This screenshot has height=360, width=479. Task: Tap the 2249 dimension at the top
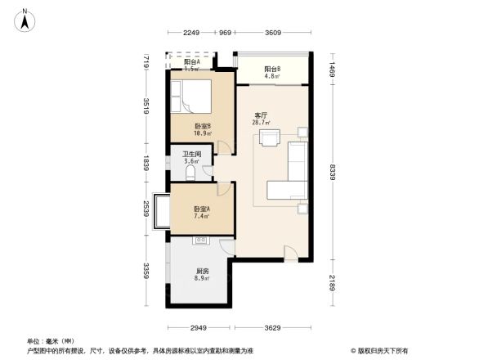pyautogui.click(x=191, y=33)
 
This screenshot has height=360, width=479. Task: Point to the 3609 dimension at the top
pyautogui.click(x=273, y=33)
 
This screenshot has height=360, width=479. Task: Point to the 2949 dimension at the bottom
pyautogui.click(x=192, y=327)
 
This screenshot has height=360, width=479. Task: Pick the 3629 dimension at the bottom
pyautogui.click(x=272, y=327)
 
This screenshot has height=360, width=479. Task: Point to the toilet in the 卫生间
pyautogui.click(x=179, y=171)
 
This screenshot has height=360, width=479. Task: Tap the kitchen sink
pyautogui.click(x=201, y=241)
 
